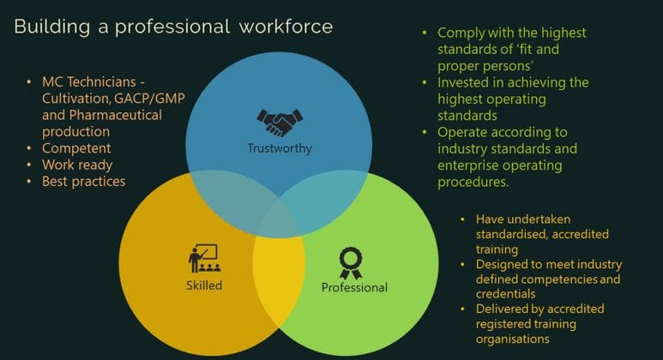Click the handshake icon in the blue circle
(x=280, y=123)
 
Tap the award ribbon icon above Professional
(x=351, y=263)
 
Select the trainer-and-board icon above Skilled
(x=204, y=258)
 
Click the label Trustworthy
(x=280, y=148)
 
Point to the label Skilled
(x=204, y=285)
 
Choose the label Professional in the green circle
(x=354, y=287)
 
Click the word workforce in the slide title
(x=286, y=27)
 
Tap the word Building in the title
(x=52, y=27)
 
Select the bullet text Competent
(x=76, y=148)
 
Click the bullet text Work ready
(x=77, y=165)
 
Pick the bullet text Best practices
(x=84, y=181)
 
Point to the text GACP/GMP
(x=150, y=99)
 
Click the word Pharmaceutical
(x=116, y=115)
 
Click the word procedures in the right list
(x=473, y=182)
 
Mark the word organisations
(x=512, y=339)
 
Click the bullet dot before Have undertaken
(x=462, y=219)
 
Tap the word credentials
(x=506, y=294)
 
